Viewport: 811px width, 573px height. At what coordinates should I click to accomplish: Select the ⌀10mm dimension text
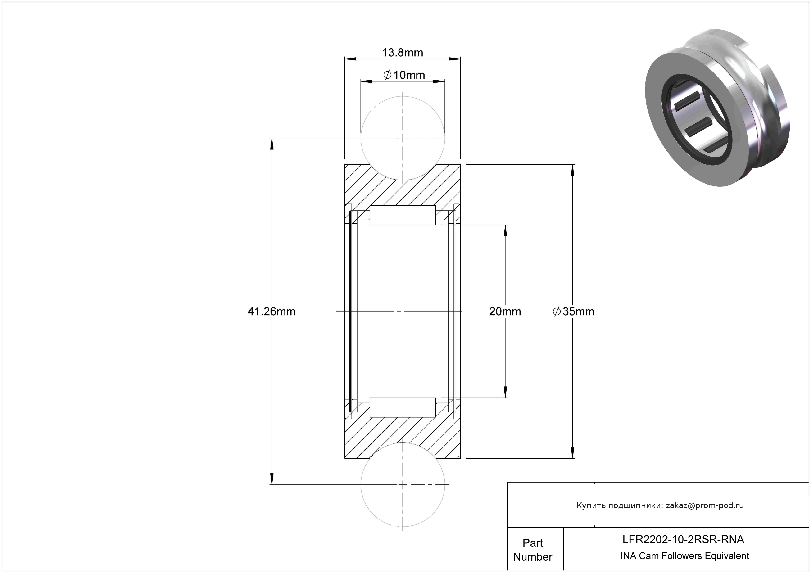point(404,75)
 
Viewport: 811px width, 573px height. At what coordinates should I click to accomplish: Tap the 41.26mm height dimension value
point(271,311)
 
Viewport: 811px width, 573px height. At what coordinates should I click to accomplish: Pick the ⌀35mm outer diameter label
point(573,311)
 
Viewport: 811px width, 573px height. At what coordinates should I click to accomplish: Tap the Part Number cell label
point(533,550)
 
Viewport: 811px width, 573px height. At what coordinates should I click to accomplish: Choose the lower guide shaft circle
point(403,485)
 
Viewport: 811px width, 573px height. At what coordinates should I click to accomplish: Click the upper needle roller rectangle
point(403,215)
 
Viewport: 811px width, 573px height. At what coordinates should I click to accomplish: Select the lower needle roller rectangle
point(403,407)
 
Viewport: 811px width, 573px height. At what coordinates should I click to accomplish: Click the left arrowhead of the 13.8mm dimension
point(350,59)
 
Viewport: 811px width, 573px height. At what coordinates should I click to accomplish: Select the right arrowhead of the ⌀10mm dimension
point(439,81)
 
